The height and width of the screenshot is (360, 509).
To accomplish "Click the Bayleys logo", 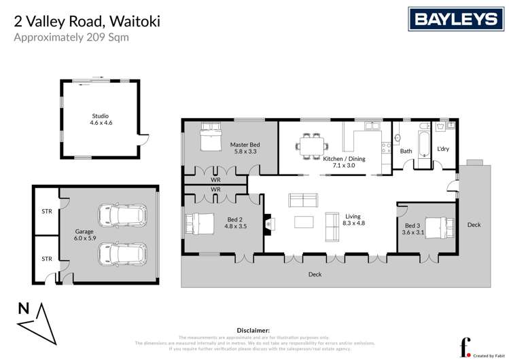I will pyautogui.click(x=449, y=19).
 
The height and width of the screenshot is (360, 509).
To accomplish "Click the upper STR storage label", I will pyautogui.click(x=46, y=211).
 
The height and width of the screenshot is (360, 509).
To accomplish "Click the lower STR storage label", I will pyautogui.click(x=46, y=259).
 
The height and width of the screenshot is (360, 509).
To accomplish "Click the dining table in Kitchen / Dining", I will pyautogui.click(x=313, y=147).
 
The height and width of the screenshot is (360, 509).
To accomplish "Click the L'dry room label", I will pyautogui.click(x=443, y=149).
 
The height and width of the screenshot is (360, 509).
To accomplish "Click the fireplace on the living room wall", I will pyautogui.click(x=267, y=223).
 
